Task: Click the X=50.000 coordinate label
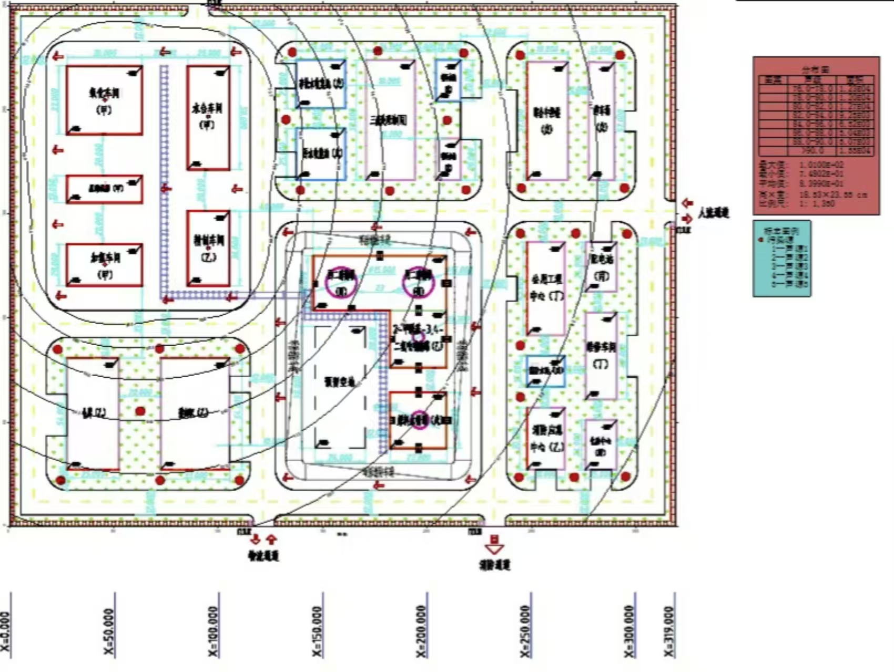[x=109, y=632]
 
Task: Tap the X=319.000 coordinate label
[x=669, y=632]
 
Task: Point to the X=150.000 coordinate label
[x=317, y=632]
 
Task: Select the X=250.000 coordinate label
[x=525, y=632]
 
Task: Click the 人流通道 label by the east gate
[x=714, y=213]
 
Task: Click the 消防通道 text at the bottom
[x=494, y=565]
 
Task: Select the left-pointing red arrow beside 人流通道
[x=687, y=203]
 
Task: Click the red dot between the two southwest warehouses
[x=140, y=411]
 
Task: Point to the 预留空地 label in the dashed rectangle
[x=340, y=382]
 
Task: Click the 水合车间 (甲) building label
[x=207, y=115]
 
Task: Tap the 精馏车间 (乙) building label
[x=208, y=248]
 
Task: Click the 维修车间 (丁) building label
[x=601, y=355]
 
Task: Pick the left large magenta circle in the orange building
[x=341, y=283]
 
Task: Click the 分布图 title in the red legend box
[x=815, y=70]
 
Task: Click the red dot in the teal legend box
[x=760, y=240]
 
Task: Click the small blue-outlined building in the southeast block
[x=546, y=371]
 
